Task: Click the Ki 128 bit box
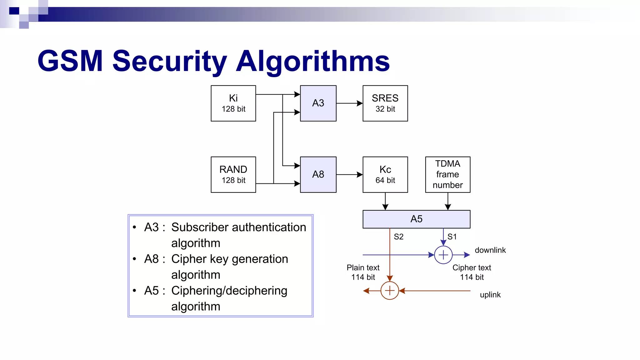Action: [x=233, y=103]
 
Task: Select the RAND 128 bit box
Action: [x=233, y=175]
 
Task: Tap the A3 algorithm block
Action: [x=318, y=103]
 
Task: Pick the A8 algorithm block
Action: [x=318, y=175]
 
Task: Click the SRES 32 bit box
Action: [x=385, y=103]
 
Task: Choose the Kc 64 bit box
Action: [x=385, y=175]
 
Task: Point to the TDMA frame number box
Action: [x=447, y=175]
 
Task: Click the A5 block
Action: [x=416, y=219]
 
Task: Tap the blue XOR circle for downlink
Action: [x=443, y=255]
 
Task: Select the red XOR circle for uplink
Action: [x=389, y=291]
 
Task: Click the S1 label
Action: [x=452, y=237]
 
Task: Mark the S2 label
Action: [x=398, y=237]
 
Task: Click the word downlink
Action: [x=490, y=250]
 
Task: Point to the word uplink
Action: [x=490, y=295]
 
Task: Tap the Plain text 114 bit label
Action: [x=363, y=272]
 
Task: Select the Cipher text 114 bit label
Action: [x=472, y=272]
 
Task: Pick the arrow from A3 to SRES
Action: [x=349, y=103]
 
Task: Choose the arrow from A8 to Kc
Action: [x=349, y=175]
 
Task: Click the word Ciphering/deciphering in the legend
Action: [x=229, y=291]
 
